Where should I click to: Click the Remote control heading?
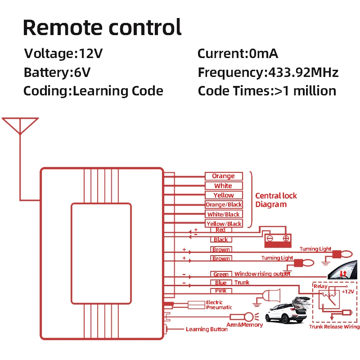102,27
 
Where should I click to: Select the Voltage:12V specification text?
63,54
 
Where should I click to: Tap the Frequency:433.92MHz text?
268,72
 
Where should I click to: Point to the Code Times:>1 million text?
267,91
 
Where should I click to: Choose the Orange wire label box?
224,176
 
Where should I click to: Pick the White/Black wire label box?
224,214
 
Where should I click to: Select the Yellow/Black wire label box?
224,224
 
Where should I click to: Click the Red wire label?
220,230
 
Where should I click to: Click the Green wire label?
221,274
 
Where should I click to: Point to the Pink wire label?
221,291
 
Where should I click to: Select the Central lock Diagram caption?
276,200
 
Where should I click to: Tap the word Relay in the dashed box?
321,286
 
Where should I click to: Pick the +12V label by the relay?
347,291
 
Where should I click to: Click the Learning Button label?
207,329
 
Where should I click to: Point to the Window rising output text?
262,274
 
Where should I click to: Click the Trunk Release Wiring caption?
334,327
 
